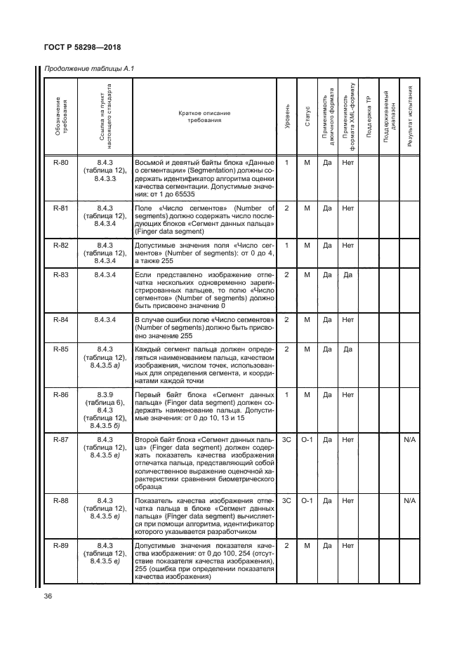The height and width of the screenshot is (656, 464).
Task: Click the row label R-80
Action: (x=61, y=163)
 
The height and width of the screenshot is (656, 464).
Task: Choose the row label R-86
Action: (x=61, y=395)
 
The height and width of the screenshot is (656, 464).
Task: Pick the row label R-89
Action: (x=61, y=545)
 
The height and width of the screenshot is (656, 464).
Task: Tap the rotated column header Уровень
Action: (x=286, y=116)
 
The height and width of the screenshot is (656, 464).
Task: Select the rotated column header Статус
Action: (x=307, y=116)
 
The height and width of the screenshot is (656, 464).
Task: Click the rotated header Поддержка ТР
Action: (x=369, y=116)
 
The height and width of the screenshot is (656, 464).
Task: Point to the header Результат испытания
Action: (x=410, y=116)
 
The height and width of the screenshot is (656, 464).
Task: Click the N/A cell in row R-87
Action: (x=410, y=440)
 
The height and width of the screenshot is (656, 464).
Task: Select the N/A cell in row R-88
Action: (x=410, y=501)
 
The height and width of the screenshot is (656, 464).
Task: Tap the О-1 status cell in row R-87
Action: (x=307, y=440)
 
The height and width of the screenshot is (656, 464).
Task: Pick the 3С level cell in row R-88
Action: (x=286, y=501)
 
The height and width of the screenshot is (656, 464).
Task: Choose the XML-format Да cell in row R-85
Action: (x=347, y=349)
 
